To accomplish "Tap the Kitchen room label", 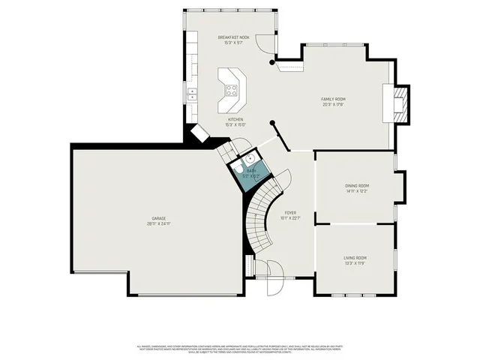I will tap(235, 119).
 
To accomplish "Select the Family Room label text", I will tap(333, 99).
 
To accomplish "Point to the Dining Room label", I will tap(357, 185).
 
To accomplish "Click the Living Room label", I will tap(355, 257).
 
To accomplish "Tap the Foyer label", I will tap(289, 213).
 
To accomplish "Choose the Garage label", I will tap(158, 218).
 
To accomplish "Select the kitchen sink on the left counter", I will tap(192, 94).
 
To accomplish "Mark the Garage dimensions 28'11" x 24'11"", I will tap(158, 224).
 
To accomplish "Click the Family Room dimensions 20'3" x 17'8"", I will tap(333, 105).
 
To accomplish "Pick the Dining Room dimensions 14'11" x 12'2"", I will tap(357, 191).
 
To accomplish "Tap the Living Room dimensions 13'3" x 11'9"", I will tap(355, 263).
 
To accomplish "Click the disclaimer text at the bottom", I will tap(240, 349).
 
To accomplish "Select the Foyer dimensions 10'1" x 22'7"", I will tap(289, 219).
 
